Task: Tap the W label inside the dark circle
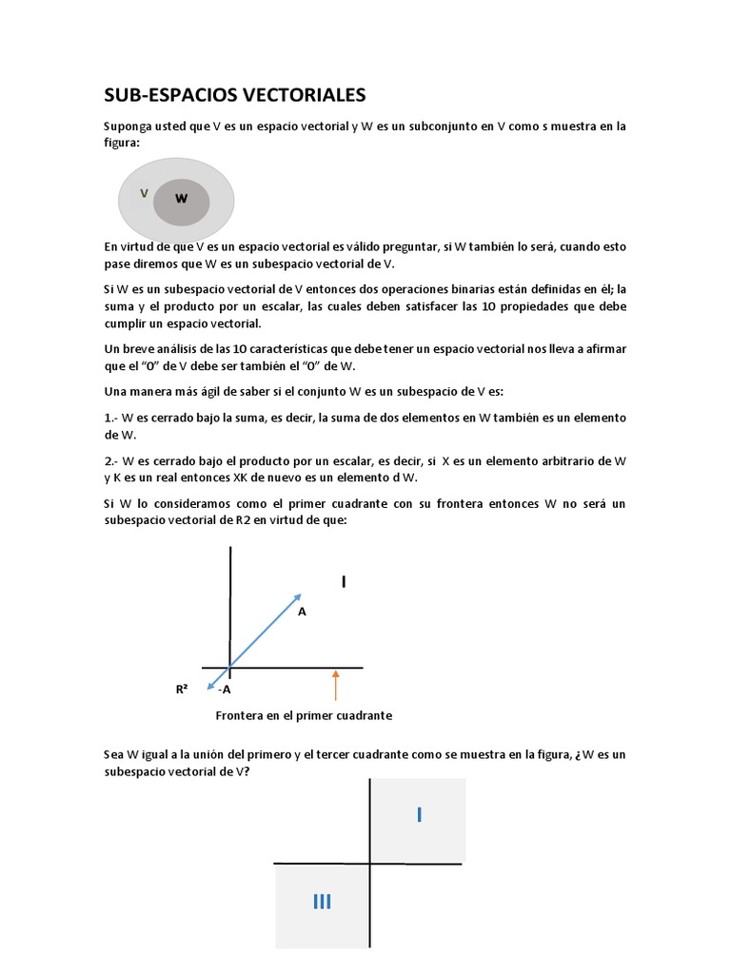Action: pyautogui.click(x=181, y=199)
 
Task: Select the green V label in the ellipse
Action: pyautogui.click(x=144, y=193)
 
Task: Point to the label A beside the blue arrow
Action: pyautogui.click(x=302, y=612)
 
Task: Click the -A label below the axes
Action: pyautogui.click(x=225, y=690)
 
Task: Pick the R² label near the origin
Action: pyautogui.click(x=181, y=689)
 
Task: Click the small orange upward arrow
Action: pyautogui.click(x=335, y=684)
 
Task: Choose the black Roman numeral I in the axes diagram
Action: pyautogui.click(x=344, y=581)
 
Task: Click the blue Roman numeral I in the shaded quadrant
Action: pyautogui.click(x=418, y=814)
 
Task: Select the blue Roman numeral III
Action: pyautogui.click(x=322, y=902)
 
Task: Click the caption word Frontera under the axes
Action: pyautogui.click(x=240, y=715)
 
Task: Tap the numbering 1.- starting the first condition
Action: pyautogui.click(x=112, y=419)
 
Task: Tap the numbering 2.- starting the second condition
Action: pyautogui.click(x=112, y=461)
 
